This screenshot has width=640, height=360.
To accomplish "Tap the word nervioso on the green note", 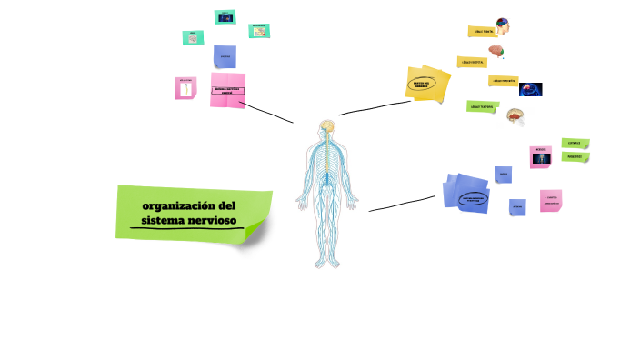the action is pyautogui.click(x=209, y=220).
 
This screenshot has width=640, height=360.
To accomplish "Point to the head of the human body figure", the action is pyautogui.click(x=327, y=127).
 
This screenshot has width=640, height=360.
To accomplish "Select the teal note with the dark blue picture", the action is pyautogui.click(x=224, y=17).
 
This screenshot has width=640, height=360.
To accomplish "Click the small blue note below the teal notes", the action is pyautogui.click(x=225, y=57).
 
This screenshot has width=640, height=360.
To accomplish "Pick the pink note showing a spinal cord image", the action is pyautogui.click(x=185, y=88).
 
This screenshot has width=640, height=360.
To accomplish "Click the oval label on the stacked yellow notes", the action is pyautogui.click(x=420, y=83).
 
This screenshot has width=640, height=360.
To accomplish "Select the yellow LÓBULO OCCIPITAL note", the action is pyautogui.click(x=472, y=62).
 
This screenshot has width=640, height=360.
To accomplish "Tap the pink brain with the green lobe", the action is pyautogui.click(x=497, y=52).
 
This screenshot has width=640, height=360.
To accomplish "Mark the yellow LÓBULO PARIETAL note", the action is pyautogui.click(x=502, y=81).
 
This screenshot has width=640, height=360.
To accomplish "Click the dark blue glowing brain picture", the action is pyautogui.click(x=531, y=89).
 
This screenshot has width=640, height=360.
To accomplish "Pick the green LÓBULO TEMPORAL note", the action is pyautogui.click(x=482, y=106).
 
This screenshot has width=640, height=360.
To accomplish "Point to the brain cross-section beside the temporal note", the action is pyautogui.click(x=515, y=115).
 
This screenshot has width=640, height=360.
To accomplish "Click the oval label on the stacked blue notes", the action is pyautogui.click(x=471, y=198).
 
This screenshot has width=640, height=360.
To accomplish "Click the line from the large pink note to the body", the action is pyautogui.click(x=268, y=114).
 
